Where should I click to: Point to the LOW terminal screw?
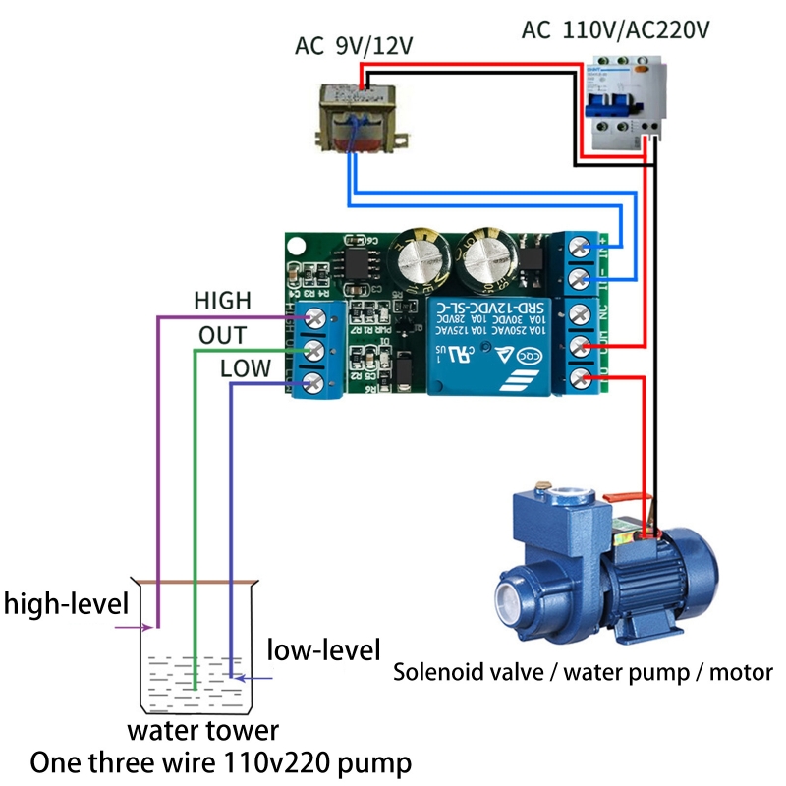(x=316, y=381)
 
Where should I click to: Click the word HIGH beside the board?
(x=222, y=300)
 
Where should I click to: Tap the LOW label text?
(x=246, y=369)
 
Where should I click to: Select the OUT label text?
(x=222, y=335)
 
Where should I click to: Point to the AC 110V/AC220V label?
(x=615, y=28)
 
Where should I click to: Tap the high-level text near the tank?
(x=66, y=602)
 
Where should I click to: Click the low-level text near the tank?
(x=323, y=649)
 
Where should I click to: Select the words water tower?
(x=202, y=731)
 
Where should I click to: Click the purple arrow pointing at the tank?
(x=132, y=626)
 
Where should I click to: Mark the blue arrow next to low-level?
(x=257, y=677)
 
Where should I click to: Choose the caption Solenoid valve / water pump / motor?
(x=583, y=673)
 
